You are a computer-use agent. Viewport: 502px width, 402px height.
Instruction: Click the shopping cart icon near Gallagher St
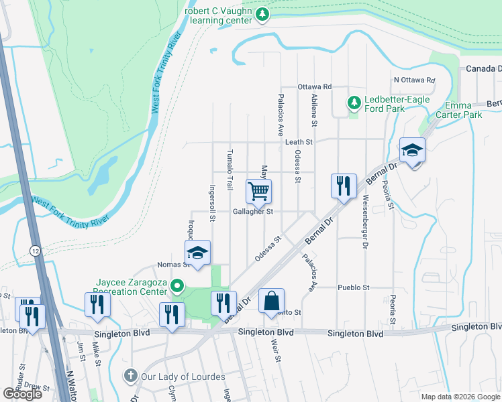[258, 192]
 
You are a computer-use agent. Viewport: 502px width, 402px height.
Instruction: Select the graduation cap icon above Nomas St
[197, 253]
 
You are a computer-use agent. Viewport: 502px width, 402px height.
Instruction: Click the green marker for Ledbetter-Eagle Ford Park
[353, 103]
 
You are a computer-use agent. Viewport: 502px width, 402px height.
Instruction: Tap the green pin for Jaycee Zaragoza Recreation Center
[177, 287]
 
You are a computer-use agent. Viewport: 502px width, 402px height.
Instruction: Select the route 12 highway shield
[34, 250]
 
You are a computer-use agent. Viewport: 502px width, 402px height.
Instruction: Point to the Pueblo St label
[357, 287]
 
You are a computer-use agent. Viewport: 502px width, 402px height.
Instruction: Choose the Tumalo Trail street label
[230, 169]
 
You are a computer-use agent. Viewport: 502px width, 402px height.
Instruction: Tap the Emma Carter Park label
[464, 111]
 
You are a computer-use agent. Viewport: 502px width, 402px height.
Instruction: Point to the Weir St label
[275, 350]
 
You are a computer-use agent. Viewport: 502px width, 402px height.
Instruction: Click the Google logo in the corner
[22, 393]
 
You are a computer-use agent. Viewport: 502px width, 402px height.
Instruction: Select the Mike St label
[97, 351]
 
